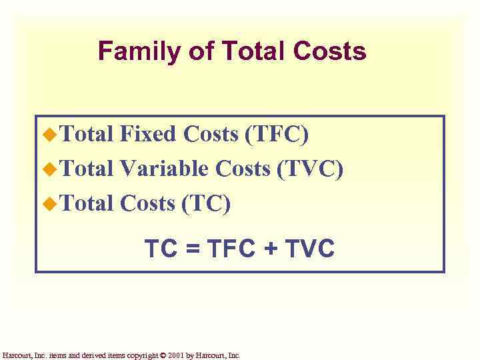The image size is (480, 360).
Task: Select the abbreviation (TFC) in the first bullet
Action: point(277,134)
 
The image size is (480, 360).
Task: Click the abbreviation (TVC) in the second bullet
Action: point(310,169)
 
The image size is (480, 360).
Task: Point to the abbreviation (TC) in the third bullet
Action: point(206,203)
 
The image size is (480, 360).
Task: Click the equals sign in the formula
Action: point(191,249)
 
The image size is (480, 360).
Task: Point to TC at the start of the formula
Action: point(160,249)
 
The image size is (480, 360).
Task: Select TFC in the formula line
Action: point(230,249)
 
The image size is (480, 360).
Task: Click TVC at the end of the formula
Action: point(309,249)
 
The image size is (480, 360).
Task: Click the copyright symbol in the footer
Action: point(163,356)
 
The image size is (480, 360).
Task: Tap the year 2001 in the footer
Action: point(177,356)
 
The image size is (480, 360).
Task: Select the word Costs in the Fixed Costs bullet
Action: point(211,134)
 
